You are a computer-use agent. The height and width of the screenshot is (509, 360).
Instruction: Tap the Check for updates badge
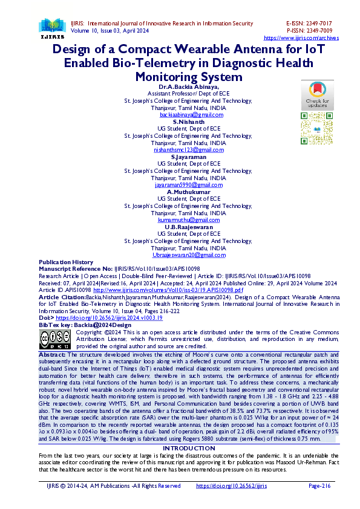[x=317, y=94]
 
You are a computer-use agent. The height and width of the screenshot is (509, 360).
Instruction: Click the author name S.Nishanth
[x=188, y=122]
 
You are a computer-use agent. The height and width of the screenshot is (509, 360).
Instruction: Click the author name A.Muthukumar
[x=188, y=192]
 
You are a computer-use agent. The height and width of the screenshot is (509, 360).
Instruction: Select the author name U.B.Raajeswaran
[x=188, y=227]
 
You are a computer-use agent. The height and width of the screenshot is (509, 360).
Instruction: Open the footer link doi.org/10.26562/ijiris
[x=232, y=485]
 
